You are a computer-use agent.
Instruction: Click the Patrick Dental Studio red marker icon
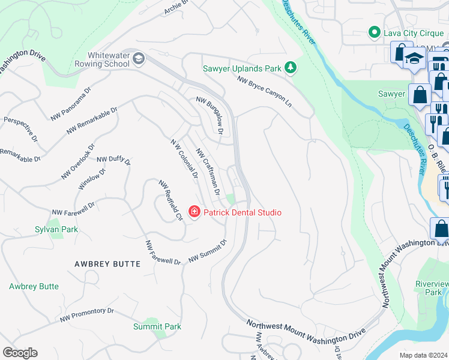(x=194, y=212)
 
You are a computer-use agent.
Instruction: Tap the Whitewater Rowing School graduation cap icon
(x=139, y=58)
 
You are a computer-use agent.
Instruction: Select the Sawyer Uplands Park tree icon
(x=291, y=68)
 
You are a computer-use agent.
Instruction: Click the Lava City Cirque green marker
(x=375, y=32)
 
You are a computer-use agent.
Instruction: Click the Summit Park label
(x=157, y=326)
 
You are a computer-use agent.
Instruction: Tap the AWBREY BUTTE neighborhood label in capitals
(x=107, y=264)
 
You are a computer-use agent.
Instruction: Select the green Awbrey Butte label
(x=34, y=286)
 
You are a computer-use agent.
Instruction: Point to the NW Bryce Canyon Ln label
(x=264, y=91)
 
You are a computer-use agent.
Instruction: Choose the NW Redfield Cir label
(x=170, y=200)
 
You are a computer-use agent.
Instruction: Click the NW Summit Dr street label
(x=208, y=251)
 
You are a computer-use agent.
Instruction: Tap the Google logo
(x=20, y=353)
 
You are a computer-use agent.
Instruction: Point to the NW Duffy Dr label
(x=113, y=159)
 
